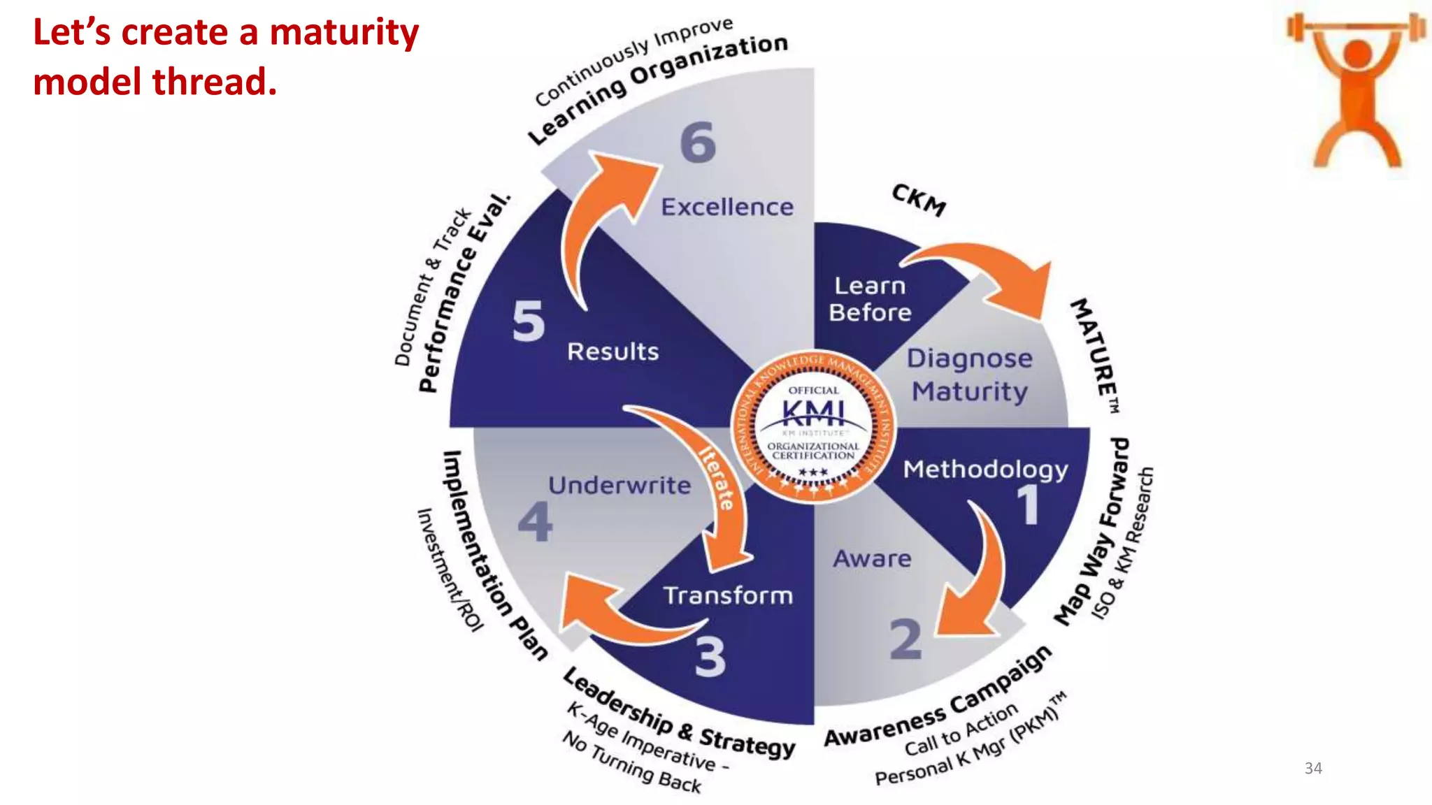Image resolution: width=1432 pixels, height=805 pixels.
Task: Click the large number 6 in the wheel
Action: point(698,143)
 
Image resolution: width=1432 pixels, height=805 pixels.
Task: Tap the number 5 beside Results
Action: point(528,321)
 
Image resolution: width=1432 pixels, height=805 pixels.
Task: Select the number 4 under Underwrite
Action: point(535,522)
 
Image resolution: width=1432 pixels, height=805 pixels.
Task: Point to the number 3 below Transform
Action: point(710,658)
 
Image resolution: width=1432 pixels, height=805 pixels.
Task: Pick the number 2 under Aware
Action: point(905,639)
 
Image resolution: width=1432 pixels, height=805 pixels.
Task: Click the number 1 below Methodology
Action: point(1027,505)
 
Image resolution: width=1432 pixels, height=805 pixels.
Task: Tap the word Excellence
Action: point(727,207)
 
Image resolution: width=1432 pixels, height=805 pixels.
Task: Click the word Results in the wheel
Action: point(613,351)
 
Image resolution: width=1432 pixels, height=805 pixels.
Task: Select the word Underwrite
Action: point(620,485)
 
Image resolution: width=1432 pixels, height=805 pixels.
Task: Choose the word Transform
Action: point(728,595)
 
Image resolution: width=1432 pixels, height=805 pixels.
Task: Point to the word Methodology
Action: point(985,469)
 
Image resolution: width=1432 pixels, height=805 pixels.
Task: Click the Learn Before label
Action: point(870,299)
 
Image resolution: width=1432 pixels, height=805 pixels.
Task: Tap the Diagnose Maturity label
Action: point(970,375)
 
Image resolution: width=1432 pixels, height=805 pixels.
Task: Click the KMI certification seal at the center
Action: point(813,426)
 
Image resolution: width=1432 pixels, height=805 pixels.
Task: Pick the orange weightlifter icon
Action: point(1356,91)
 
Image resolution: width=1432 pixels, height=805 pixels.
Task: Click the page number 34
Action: point(1313,768)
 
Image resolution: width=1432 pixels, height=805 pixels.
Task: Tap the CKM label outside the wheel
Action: point(919,200)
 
